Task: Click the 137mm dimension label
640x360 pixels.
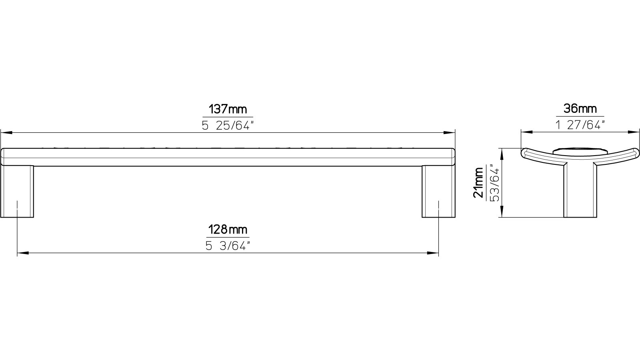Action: click(x=228, y=109)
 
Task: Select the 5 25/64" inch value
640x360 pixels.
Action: click(x=228, y=126)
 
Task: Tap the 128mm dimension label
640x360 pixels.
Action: click(x=228, y=230)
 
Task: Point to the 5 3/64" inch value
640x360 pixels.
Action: click(x=228, y=246)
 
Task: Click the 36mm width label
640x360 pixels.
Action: click(x=580, y=108)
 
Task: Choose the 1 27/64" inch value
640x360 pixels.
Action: click(x=580, y=125)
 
